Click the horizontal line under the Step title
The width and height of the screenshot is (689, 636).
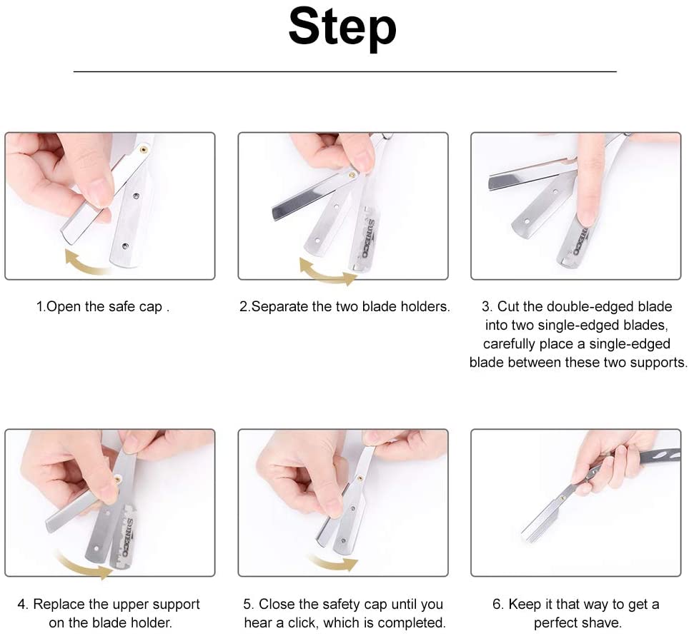344,71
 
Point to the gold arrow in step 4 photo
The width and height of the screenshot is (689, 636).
81,565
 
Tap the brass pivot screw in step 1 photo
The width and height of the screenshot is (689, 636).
143,150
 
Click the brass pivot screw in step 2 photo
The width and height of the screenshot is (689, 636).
352,176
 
